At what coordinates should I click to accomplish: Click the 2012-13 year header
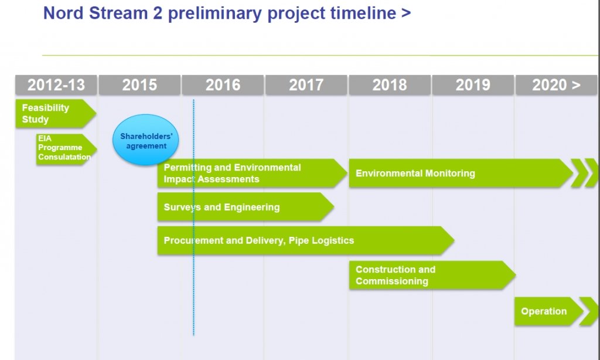click(56, 84)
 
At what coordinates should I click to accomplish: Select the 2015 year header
click(139, 84)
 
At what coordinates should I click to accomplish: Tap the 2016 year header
click(223, 84)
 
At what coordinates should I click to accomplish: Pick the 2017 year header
click(306, 84)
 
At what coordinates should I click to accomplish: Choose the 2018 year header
click(390, 84)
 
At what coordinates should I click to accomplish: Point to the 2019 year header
click(473, 84)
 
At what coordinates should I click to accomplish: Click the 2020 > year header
click(557, 84)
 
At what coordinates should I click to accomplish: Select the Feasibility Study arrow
click(56, 113)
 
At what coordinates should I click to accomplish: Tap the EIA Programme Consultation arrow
click(67, 150)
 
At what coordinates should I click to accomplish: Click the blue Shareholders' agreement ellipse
click(146, 140)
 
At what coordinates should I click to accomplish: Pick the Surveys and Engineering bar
click(246, 207)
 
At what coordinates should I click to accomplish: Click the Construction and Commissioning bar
click(432, 275)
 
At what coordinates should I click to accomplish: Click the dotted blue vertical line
click(193, 218)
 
